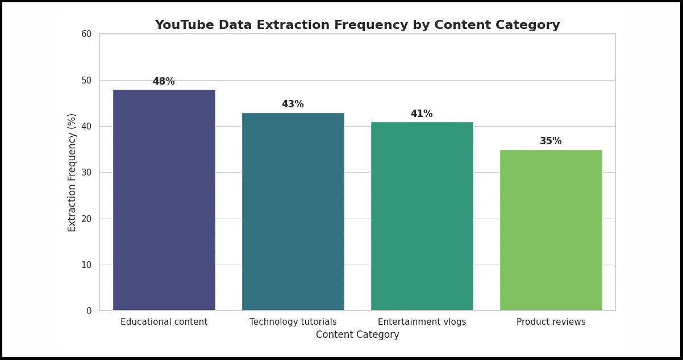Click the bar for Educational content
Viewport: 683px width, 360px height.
pos(164,200)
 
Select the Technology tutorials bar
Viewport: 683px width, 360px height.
pos(293,211)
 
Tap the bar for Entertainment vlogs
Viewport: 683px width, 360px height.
pos(422,216)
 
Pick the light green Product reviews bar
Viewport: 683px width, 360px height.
pos(551,230)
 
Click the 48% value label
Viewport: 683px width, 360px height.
pos(164,82)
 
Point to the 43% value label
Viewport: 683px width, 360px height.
pos(293,104)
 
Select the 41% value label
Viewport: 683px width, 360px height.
pos(422,114)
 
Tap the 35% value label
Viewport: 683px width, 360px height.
pos(551,141)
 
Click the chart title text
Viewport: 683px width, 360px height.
pos(357,26)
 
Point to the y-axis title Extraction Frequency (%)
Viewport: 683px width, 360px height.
pos(72,172)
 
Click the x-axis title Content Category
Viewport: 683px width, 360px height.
pos(357,335)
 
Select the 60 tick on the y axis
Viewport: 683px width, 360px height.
pos(86,34)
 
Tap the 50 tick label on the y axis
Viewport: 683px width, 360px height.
pos(86,80)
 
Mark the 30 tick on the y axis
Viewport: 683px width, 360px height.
pos(86,173)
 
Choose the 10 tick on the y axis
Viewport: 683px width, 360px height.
pos(86,265)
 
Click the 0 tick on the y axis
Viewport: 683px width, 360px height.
pos(89,311)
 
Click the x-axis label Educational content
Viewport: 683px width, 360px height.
pos(164,322)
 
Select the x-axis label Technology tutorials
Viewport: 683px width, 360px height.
pos(293,322)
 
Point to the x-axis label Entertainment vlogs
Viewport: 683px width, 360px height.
pos(422,322)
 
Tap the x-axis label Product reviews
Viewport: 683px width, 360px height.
pos(551,322)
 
